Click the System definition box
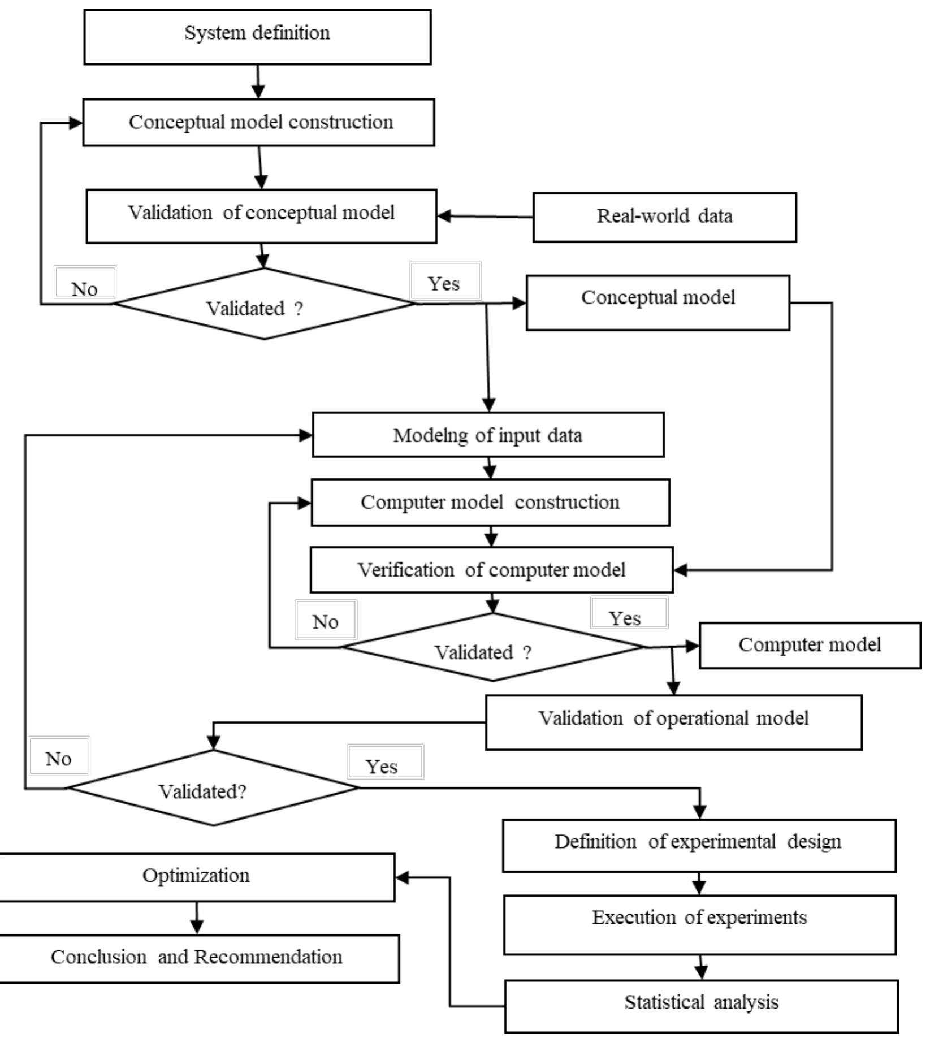[257, 37]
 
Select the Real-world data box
[664, 217]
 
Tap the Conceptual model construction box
[259, 122]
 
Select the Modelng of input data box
[488, 435]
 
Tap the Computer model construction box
[490, 503]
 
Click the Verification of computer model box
[491, 570]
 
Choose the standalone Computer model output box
[810, 646]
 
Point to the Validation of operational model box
[673, 722]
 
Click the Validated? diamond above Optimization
[213, 788]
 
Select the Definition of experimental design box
[699, 845]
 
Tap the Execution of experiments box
[699, 925]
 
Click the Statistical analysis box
[701, 1006]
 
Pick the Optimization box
[196, 877]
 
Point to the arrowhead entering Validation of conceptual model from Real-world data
[444, 216]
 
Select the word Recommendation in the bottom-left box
[269, 957]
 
